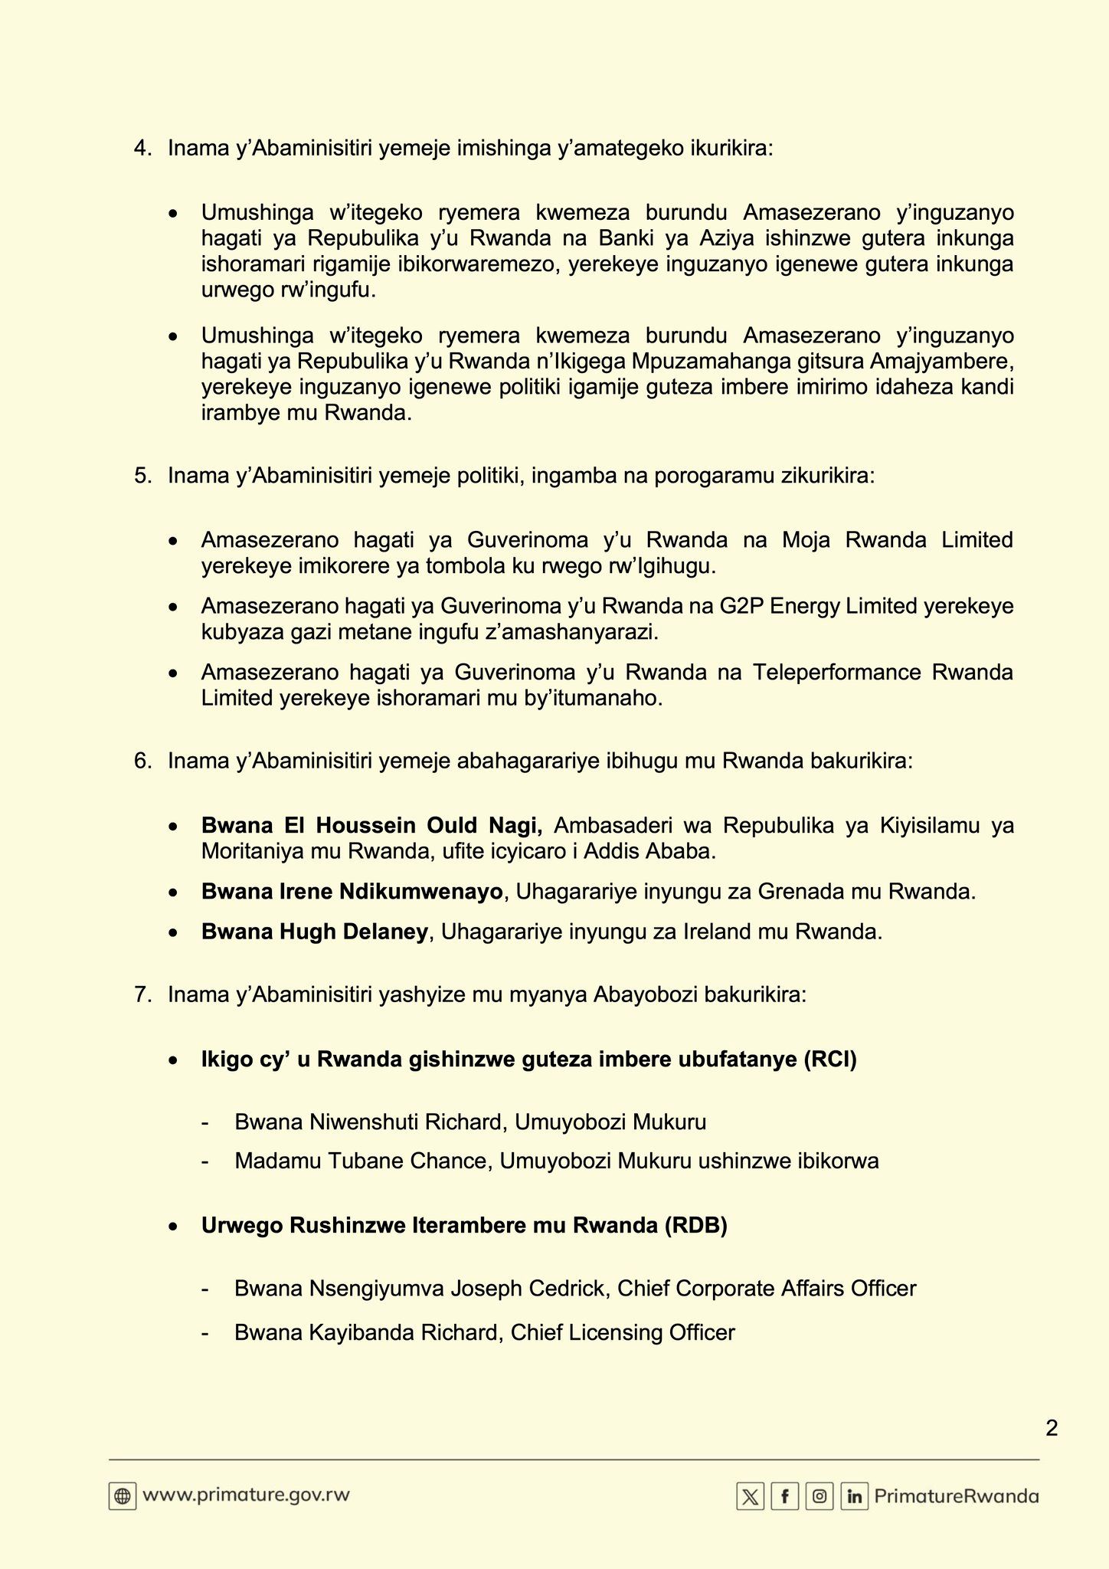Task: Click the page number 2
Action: click(1052, 1428)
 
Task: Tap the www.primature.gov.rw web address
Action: click(246, 1495)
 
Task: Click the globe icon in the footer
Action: click(123, 1495)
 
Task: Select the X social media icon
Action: click(750, 1496)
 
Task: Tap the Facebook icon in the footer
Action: click(785, 1496)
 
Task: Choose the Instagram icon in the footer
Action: click(819, 1496)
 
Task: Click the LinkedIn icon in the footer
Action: click(854, 1496)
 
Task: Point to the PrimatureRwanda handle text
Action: click(957, 1496)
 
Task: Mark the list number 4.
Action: click(142, 148)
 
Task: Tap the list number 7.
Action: click(142, 994)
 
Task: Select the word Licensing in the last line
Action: click(614, 1332)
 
